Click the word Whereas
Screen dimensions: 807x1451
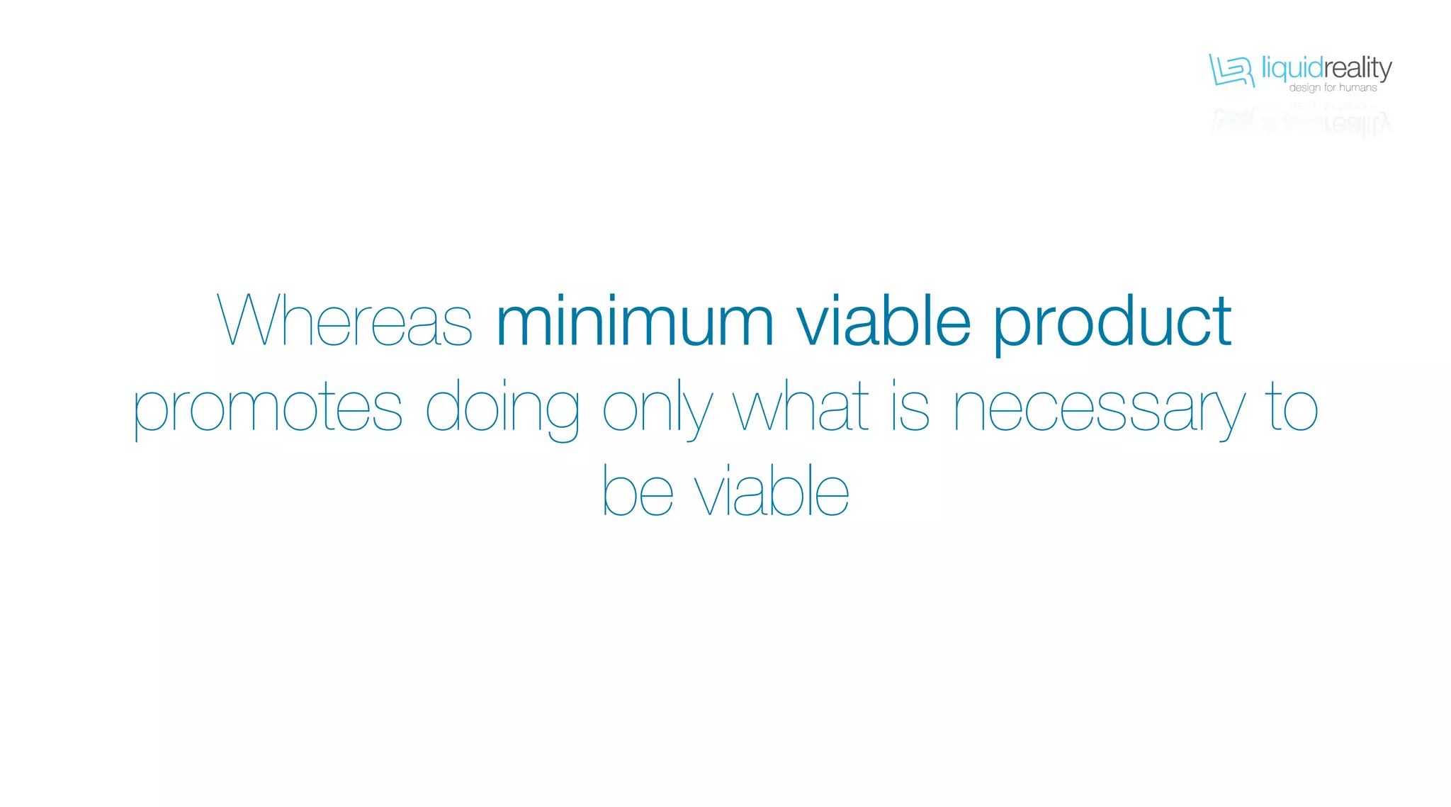tap(344, 321)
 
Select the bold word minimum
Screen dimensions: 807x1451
tap(635, 321)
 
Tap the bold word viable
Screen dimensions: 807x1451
tap(883, 321)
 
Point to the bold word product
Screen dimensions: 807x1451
tap(1112, 322)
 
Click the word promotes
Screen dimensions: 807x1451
tap(268, 408)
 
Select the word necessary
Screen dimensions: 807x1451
tap(1098, 410)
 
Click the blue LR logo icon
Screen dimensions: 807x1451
tap(1231, 70)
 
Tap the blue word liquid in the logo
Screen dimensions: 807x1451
tap(1292, 69)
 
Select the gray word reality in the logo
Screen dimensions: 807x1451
tap(1358, 69)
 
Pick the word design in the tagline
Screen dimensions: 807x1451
tap(1305, 88)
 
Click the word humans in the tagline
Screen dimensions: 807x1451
tap(1358, 88)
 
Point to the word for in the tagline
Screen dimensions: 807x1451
tap(1330, 88)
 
